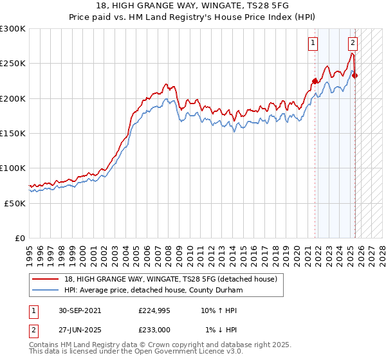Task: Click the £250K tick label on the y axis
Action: click(13, 64)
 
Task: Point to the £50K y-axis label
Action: click(15, 203)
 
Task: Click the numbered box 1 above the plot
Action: click(313, 44)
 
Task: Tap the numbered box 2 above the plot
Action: click(353, 44)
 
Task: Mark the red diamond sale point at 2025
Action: click(355, 76)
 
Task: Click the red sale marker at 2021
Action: click(315, 81)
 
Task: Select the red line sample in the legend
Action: click(44, 279)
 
